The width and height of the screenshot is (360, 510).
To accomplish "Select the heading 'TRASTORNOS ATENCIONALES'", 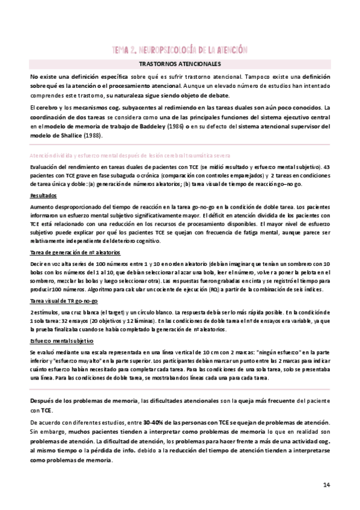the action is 180,63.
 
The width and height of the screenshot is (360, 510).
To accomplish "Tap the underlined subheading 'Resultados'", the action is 43,196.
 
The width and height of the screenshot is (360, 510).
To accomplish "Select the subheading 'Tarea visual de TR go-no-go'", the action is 58,301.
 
